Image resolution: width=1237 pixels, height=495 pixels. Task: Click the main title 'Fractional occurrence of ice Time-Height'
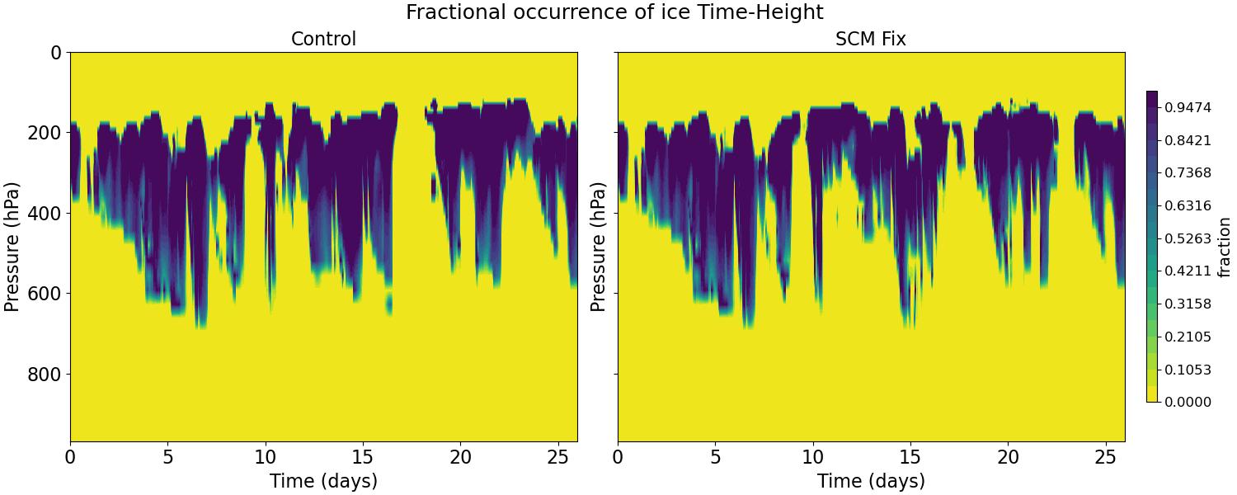tap(614, 12)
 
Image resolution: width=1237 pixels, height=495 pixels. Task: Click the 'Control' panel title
tap(323, 39)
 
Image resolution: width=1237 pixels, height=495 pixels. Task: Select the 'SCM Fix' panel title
tap(871, 39)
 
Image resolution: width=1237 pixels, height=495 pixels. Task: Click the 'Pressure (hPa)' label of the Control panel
tap(12, 247)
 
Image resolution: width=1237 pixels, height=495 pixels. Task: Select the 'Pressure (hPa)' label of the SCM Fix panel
tap(599, 247)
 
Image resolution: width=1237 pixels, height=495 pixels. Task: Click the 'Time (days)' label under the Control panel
tap(323, 481)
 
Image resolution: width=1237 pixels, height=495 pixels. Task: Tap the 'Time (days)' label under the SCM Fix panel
tap(871, 481)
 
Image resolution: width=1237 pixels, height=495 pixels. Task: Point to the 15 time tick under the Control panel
tap(363, 456)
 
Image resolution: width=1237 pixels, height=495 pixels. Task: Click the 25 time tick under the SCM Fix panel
tap(1105, 456)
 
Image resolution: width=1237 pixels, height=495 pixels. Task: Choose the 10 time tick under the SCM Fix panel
tap(812, 456)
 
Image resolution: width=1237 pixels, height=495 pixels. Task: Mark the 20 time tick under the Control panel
tap(460, 456)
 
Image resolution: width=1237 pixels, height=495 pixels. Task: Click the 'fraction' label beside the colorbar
tap(1224, 247)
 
